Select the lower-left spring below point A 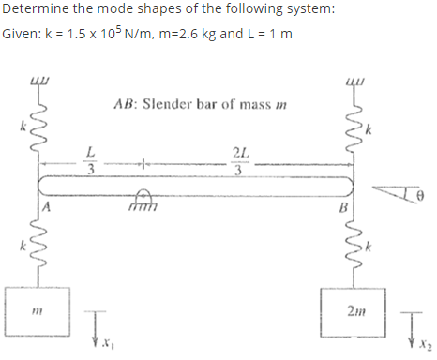click(x=38, y=246)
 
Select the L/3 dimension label click(x=90, y=160)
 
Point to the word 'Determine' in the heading click(x=35, y=11)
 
